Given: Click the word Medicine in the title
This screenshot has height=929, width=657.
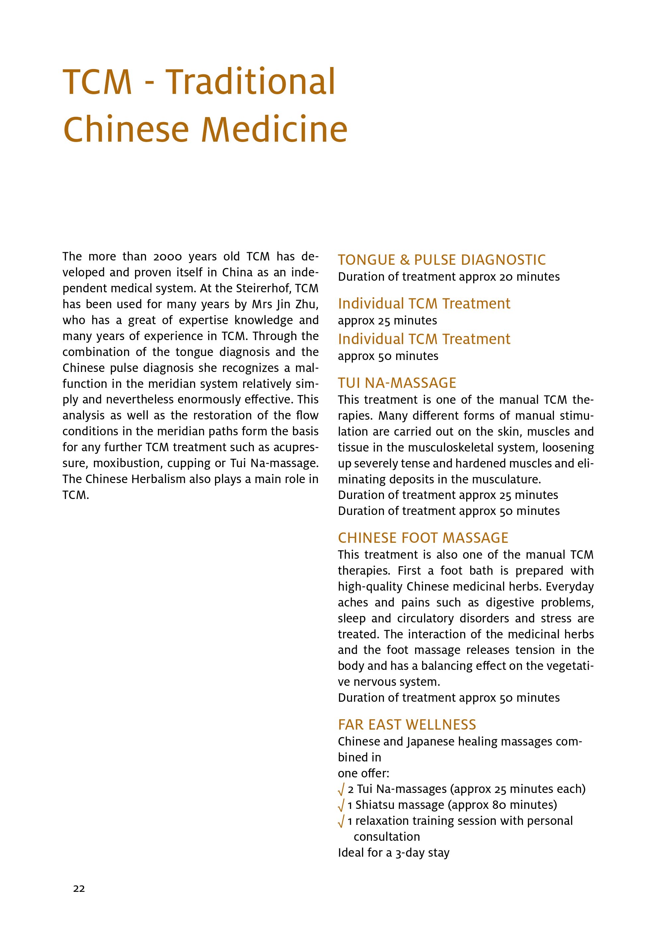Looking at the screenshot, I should point(274,129).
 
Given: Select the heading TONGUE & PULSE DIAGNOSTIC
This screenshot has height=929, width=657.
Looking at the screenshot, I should point(442,260).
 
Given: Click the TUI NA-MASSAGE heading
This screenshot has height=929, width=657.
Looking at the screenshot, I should point(397,383).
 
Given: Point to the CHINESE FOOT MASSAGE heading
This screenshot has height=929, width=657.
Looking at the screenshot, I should point(423,538).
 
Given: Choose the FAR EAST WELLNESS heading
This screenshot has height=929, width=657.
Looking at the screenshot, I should point(407,725).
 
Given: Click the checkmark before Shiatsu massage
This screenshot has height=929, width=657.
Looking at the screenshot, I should point(341,805).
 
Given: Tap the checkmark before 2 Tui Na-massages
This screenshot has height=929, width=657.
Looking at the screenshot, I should point(341,789).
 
